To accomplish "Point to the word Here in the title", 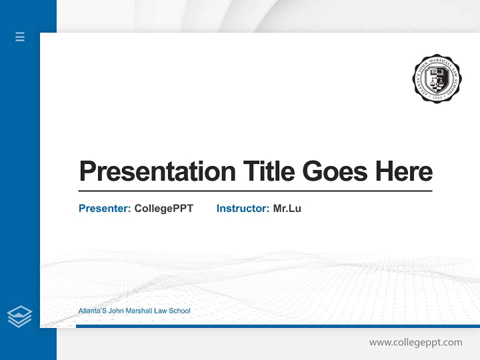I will point(404,171).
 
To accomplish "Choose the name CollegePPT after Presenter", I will point(164,208).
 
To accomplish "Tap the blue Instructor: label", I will point(243,208).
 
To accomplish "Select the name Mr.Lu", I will point(287,208).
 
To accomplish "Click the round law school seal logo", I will point(437,79).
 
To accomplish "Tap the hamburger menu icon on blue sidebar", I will point(20,36).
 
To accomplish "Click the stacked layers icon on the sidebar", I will point(19,316).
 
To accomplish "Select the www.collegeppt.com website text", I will point(415,342).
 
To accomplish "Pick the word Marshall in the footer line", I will point(138,311).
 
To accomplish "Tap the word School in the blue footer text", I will point(179,311).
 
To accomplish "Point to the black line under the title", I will point(255,191).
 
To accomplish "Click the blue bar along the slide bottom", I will point(277,326).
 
